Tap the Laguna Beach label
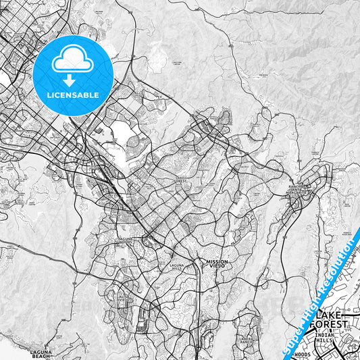46,355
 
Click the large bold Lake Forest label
332,319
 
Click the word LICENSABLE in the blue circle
73,95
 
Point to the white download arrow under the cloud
73,80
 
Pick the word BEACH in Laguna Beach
46,357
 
